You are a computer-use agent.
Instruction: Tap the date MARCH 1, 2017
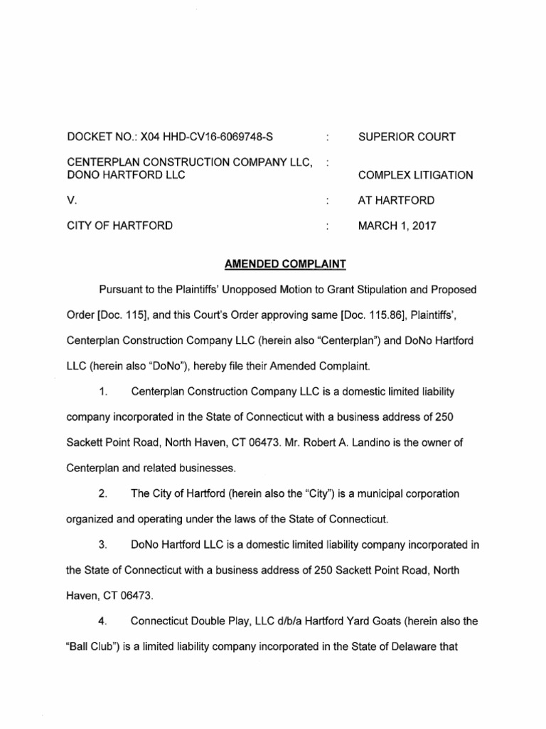pos(397,227)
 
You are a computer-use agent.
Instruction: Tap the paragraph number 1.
pos(105,392)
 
